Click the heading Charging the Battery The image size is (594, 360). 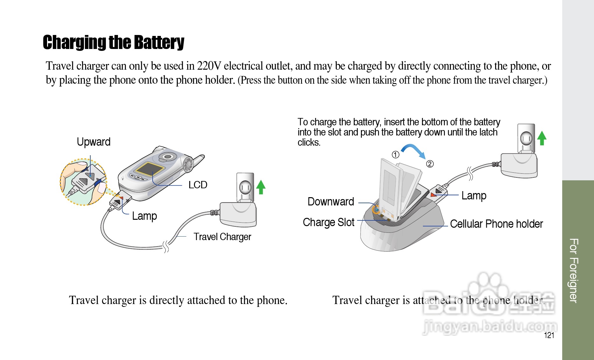click(x=114, y=42)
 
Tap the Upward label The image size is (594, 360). click(x=93, y=142)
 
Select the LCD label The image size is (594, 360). click(x=197, y=185)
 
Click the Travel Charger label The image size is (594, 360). click(x=222, y=237)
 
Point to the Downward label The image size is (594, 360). click(x=331, y=202)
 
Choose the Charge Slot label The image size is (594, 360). click(x=328, y=222)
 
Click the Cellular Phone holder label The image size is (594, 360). click(x=496, y=224)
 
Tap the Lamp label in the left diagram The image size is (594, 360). click(x=144, y=216)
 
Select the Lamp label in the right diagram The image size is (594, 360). click(x=474, y=196)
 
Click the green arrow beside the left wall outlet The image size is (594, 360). click(x=261, y=187)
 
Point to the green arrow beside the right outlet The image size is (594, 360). click(x=542, y=138)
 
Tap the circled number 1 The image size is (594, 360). click(x=395, y=155)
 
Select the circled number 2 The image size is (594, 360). click(x=430, y=164)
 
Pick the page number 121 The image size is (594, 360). click(x=549, y=335)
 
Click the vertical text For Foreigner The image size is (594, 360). click(x=574, y=270)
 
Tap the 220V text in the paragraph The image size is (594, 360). click(x=209, y=66)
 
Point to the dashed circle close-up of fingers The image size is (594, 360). click(x=83, y=182)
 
